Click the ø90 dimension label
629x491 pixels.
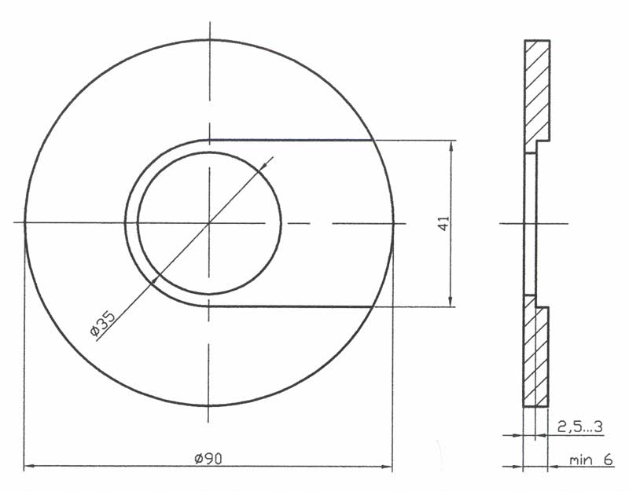pyautogui.click(x=208, y=458)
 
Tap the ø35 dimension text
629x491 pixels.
pyautogui.click(x=103, y=323)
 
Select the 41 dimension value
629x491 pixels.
pyautogui.click(x=443, y=223)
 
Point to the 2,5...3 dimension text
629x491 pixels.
pyautogui.click(x=580, y=427)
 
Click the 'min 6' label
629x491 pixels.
pyautogui.click(x=591, y=460)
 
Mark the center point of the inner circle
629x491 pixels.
pyautogui.click(x=209, y=223)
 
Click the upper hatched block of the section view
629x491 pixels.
pyautogui.click(x=537, y=96)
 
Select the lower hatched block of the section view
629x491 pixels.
pyautogui.click(x=536, y=351)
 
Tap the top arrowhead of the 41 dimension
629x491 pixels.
pyautogui.click(x=451, y=146)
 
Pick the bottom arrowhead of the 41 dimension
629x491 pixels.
pyautogui.click(x=451, y=301)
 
